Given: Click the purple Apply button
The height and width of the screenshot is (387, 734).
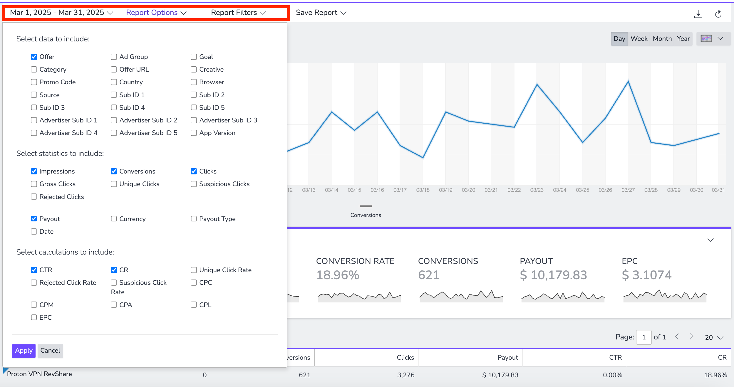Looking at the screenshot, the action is pyautogui.click(x=24, y=351).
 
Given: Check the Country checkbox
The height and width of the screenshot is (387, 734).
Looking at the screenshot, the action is pyautogui.click(x=114, y=82).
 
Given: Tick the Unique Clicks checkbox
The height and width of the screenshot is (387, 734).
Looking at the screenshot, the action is pyautogui.click(x=114, y=184).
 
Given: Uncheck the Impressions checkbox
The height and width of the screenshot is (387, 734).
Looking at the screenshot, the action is pyautogui.click(x=34, y=171).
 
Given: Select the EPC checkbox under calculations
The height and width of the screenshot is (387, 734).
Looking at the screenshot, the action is pyautogui.click(x=34, y=317).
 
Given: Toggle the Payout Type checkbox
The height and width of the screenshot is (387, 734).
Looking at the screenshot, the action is pyautogui.click(x=194, y=219).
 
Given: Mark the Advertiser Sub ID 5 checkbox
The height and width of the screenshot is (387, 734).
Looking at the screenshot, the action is pyautogui.click(x=114, y=133).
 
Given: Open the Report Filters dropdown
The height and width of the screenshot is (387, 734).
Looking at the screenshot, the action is pyautogui.click(x=238, y=13).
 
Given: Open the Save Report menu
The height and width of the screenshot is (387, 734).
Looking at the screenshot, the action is pyautogui.click(x=321, y=13).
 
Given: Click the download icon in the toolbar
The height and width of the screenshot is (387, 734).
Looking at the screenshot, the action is pyautogui.click(x=698, y=14).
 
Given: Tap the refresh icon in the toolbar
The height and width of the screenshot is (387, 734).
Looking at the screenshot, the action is pyautogui.click(x=718, y=14).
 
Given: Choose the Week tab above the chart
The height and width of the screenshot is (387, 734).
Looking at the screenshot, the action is pyautogui.click(x=639, y=39).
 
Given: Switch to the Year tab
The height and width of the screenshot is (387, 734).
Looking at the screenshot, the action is pyautogui.click(x=683, y=39).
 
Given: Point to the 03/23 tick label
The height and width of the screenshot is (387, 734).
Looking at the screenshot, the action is pyautogui.click(x=537, y=190).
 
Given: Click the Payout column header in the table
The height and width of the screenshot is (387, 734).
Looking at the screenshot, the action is pyautogui.click(x=507, y=358).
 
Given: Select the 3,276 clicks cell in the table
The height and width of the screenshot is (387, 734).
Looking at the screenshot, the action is pyautogui.click(x=406, y=375).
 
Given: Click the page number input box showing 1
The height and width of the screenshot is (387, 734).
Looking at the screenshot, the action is pyautogui.click(x=643, y=337).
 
